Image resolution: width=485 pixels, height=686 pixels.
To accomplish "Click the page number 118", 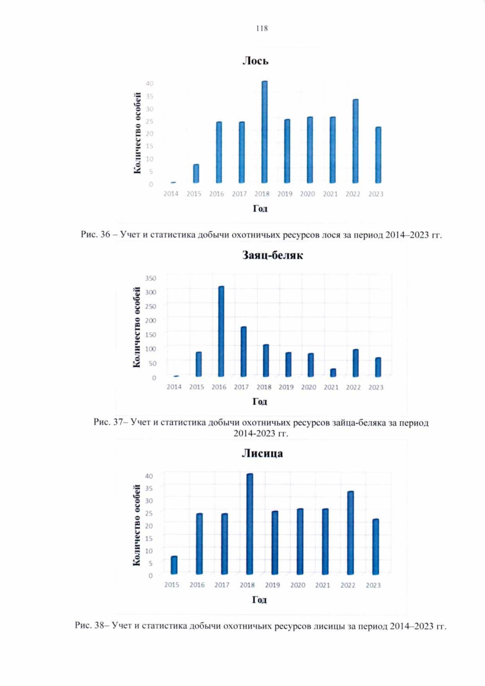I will [x=261, y=28].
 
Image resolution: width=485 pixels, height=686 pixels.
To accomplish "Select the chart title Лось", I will [x=255, y=61].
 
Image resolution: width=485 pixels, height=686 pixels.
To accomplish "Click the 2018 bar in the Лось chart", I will [x=265, y=132].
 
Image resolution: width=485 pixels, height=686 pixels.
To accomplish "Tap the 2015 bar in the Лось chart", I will [x=196, y=174].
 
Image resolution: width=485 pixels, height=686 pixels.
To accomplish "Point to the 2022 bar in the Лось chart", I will [x=355, y=141].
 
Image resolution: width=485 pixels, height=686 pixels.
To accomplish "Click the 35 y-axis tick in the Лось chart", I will [x=150, y=96].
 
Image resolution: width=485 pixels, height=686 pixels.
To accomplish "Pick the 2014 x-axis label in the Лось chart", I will [x=171, y=194].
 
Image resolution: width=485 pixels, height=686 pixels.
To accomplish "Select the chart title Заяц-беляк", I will [x=272, y=255].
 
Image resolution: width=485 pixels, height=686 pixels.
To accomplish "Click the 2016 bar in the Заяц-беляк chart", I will [x=221, y=331].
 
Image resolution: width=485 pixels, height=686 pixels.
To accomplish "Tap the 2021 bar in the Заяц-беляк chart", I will [x=333, y=373].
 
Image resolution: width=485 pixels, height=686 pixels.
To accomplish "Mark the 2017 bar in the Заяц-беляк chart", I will [x=243, y=352].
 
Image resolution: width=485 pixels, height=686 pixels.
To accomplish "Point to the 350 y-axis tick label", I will [x=150, y=278].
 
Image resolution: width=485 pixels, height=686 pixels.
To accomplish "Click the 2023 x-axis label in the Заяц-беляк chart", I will [x=376, y=387].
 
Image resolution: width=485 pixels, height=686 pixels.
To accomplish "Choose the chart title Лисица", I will [x=262, y=454].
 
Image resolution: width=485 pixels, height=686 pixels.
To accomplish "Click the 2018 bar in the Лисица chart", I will [x=250, y=524].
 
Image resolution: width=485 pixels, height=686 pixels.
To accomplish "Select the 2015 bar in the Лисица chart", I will [x=174, y=565].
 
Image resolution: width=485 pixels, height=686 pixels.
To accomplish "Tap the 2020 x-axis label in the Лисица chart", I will [x=298, y=585].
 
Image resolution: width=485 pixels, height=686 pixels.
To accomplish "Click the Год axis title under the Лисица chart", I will [x=259, y=600].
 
